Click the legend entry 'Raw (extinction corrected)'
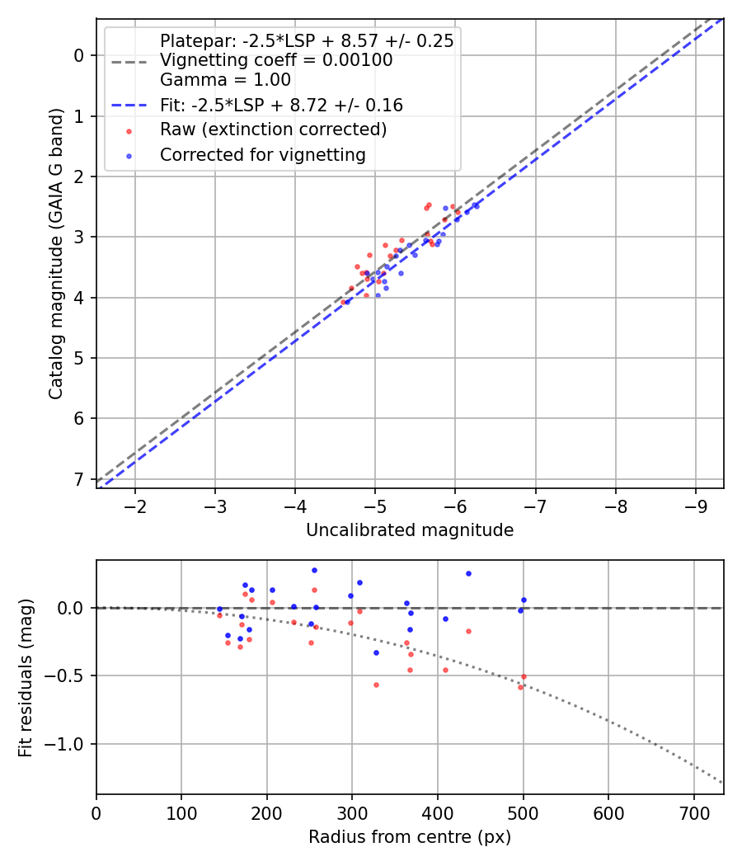tap(273, 129)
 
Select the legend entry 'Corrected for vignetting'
tap(262, 154)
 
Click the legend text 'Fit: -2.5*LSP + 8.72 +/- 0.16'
tap(281, 106)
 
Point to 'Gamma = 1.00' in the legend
tap(225, 81)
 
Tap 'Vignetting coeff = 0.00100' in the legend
tap(276, 60)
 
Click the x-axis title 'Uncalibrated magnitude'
tap(410, 530)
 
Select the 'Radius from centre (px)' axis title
tap(410, 837)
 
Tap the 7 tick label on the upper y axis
tap(79, 479)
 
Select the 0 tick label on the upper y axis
tap(79, 55)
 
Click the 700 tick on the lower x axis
tap(693, 812)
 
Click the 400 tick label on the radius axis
tap(352, 812)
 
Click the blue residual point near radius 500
tap(524, 600)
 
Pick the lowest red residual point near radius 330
tap(376, 685)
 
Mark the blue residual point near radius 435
tap(468, 573)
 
